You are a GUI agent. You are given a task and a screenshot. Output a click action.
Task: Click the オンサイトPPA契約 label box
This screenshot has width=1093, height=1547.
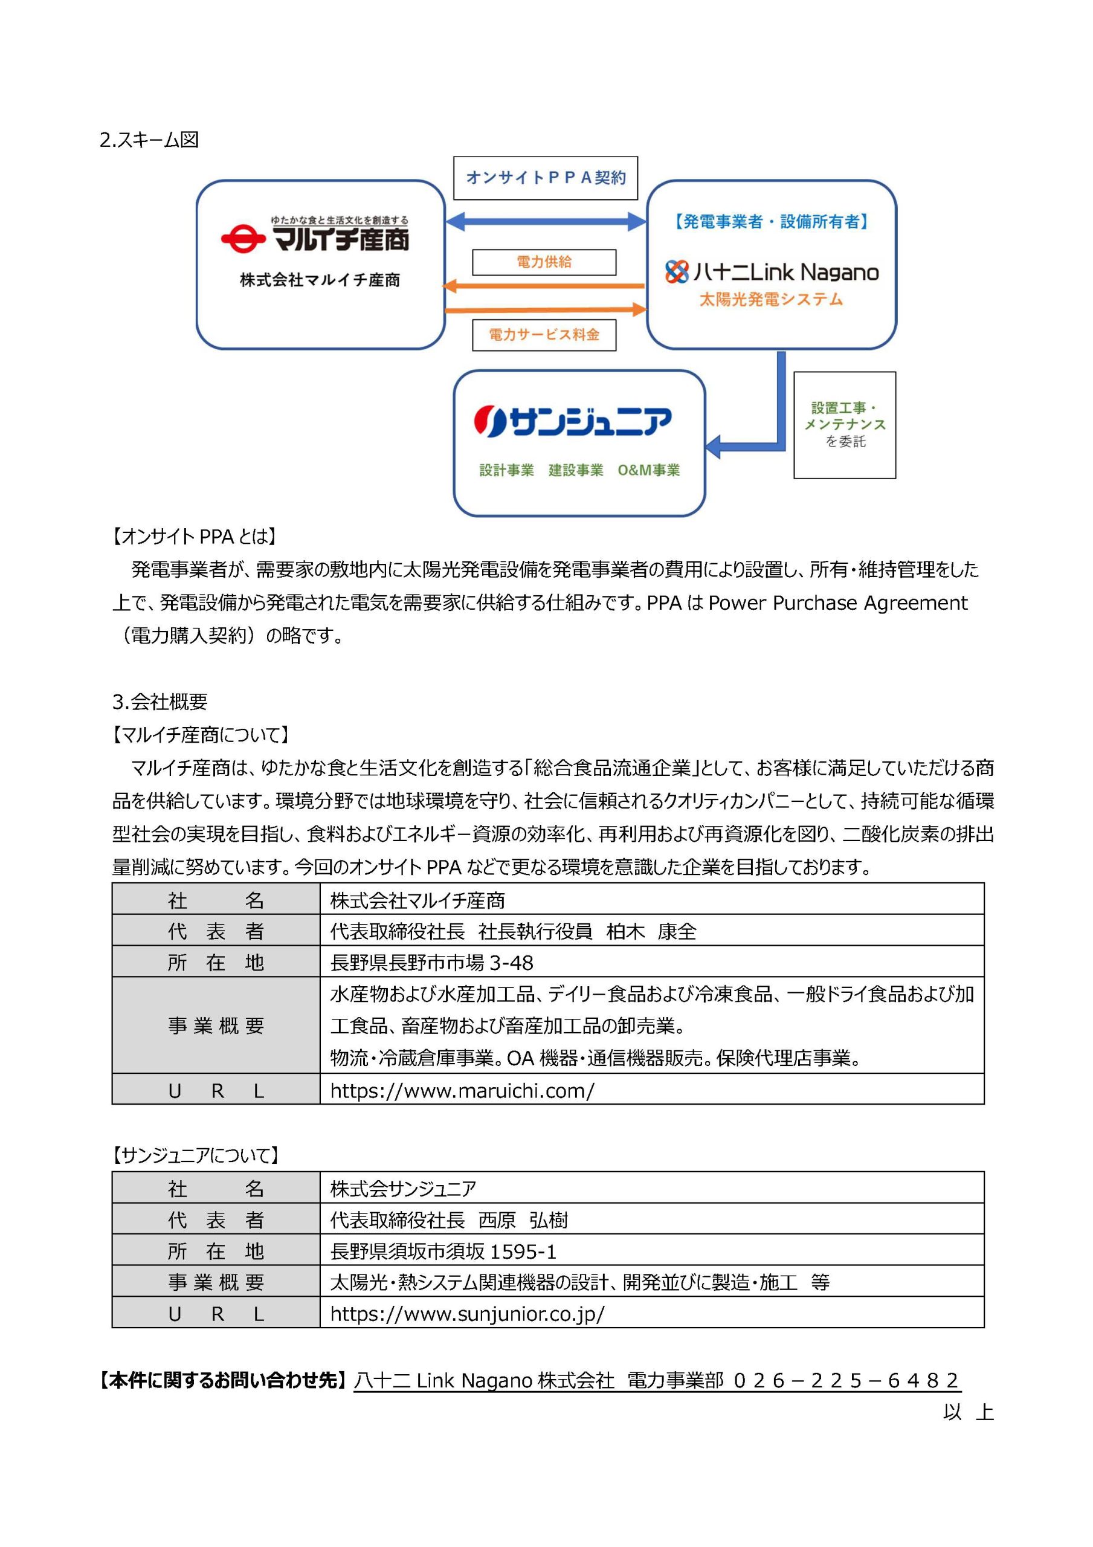point(545,178)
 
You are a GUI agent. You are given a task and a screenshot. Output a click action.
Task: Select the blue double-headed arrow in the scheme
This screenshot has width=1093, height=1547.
point(545,221)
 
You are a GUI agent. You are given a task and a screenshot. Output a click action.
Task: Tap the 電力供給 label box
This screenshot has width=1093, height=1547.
point(544,262)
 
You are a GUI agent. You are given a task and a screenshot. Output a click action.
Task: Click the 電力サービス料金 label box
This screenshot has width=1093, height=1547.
point(544,335)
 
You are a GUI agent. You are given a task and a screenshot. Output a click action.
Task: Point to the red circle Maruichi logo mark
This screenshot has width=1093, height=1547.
point(243,240)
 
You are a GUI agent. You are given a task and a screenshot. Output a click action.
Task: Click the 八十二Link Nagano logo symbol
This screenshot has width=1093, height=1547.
point(677,271)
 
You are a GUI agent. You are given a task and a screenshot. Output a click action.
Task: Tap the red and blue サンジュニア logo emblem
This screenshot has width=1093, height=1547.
point(490,421)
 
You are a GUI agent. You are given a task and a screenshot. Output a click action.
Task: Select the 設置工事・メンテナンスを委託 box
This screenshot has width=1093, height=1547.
point(844,425)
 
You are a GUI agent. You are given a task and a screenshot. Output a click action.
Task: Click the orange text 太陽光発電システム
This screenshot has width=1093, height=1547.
point(771,299)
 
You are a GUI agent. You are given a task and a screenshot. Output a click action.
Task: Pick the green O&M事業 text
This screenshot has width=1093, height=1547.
point(648,470)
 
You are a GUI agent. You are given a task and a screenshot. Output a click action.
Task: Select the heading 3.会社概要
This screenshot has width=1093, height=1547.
point(160,702)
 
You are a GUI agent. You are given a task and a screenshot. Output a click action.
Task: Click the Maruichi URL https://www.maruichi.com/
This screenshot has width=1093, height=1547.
point(462,1091)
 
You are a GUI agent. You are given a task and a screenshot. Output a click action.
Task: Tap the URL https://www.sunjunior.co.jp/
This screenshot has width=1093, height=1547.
point(467,1313)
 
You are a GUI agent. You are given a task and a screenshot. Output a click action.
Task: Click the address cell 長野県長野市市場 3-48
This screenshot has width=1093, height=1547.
point(431,963)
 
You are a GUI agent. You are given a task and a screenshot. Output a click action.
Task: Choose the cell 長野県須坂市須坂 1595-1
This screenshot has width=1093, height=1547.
point(443,1251)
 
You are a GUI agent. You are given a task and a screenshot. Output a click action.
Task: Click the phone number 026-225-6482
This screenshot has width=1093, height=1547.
point(846,1381)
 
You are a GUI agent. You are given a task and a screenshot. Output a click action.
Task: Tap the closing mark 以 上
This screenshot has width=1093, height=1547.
point(968,1412)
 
